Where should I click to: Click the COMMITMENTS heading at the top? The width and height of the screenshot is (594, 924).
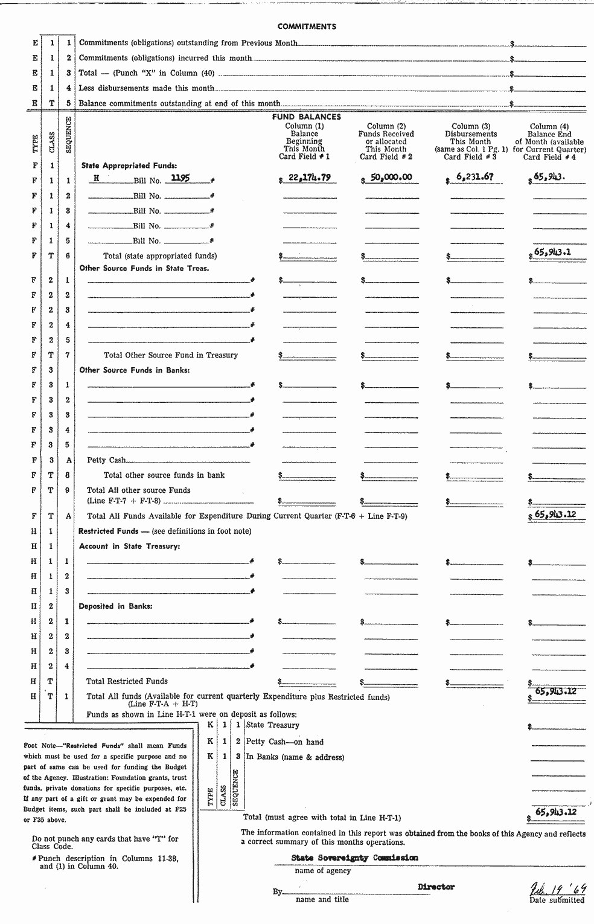307,27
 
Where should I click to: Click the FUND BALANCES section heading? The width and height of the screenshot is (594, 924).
306,117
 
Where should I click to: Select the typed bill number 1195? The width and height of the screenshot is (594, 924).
180,178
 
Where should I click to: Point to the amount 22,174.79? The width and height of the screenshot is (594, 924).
310,178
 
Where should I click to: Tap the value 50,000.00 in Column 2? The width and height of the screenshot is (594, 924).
391,178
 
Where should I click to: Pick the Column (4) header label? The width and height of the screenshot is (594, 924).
549,127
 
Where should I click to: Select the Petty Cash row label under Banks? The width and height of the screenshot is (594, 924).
106,460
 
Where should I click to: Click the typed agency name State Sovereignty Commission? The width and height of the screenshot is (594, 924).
354,858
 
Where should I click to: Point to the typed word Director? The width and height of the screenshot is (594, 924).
436,887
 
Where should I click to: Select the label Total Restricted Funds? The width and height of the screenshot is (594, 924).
127,681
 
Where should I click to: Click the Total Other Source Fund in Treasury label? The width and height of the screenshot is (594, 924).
171,355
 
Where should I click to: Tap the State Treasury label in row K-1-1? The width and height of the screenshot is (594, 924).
272,725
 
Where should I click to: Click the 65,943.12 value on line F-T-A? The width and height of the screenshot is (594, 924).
555,515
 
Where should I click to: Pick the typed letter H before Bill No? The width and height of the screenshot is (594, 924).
96,178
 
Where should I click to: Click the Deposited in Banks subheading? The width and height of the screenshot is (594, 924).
115,606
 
